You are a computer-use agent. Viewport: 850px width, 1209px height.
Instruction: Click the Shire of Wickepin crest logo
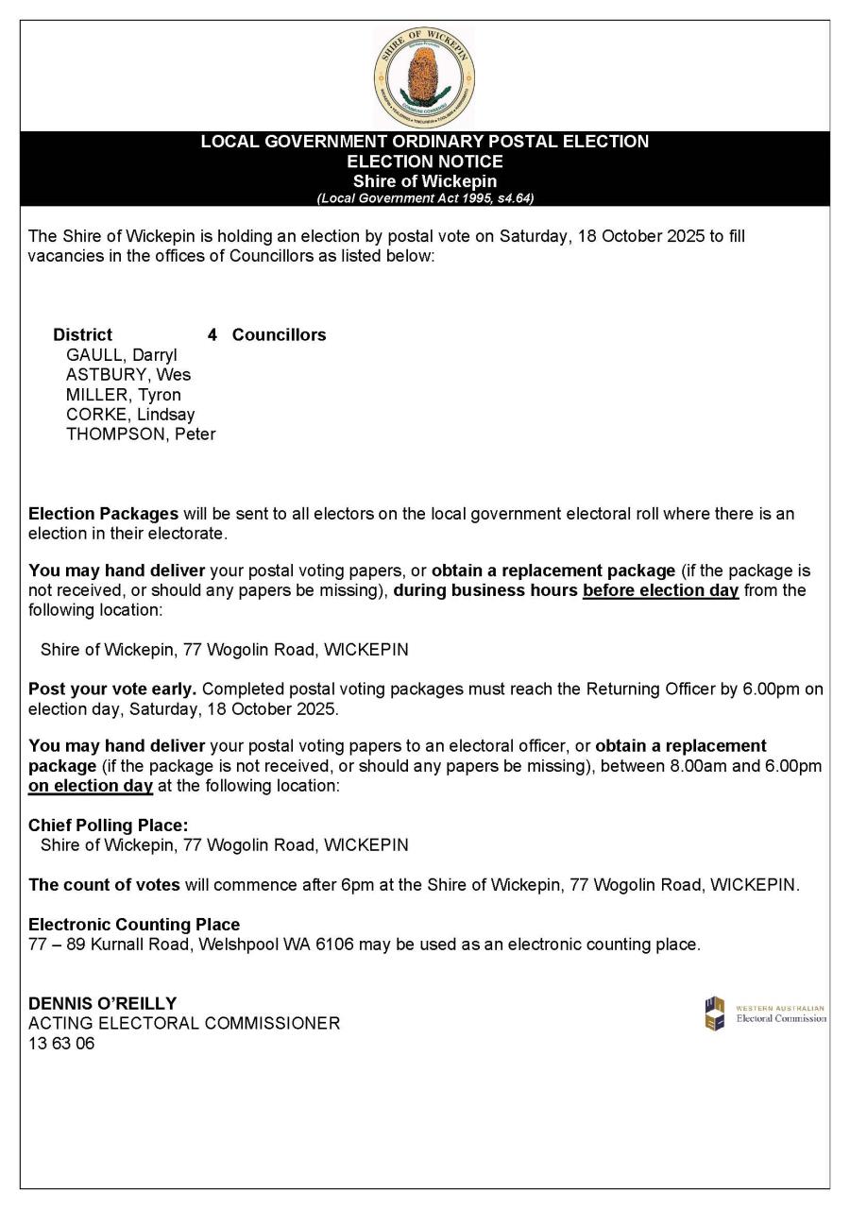pos(424,78)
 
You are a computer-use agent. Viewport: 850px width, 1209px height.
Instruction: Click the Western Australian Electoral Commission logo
pos(765,1013)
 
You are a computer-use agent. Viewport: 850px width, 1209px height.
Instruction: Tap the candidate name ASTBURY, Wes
pos(128,375)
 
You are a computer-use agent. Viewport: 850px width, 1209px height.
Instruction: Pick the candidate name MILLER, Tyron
pos(124,395)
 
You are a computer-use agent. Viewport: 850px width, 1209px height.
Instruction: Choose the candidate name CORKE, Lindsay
pos(130,415)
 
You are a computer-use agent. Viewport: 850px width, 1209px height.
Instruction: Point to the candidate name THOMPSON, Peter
pos(141,434)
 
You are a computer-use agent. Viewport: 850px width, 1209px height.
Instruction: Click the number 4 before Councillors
pos(212,334)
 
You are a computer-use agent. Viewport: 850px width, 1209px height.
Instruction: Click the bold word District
pos(82,334)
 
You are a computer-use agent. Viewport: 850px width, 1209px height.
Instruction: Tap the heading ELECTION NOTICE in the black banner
pos(425,162)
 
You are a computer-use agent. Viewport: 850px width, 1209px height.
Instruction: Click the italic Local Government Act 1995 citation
pos(425,198)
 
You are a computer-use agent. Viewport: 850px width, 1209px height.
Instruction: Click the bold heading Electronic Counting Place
pos(134,925)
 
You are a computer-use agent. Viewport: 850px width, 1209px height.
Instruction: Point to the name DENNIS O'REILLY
pos(102,1003)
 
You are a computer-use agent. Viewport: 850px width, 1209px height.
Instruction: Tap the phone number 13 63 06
pos(61,1044)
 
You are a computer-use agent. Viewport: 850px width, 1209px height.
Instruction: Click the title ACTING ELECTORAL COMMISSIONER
pos(184,1023)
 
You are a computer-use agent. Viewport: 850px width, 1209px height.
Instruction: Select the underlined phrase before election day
pos(660,590)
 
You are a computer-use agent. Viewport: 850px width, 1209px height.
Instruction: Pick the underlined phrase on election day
pos(91,786)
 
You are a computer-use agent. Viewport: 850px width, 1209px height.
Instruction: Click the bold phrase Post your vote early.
pos(112,689)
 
